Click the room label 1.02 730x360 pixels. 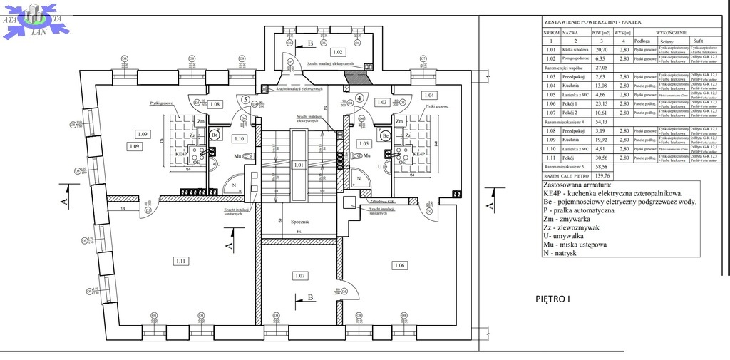pos(338,53)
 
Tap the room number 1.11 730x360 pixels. pos(180,262)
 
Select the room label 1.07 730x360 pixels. pos(300,275)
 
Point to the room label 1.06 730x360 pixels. pos(399,265)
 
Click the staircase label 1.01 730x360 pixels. pos(299,165)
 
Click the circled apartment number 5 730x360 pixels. pos(245,100)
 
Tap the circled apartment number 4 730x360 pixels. pos(360,98)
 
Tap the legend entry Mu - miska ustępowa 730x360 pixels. pos(575,245)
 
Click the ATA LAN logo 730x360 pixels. pos(34,19)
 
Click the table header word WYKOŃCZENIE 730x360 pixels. pos(671,32)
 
